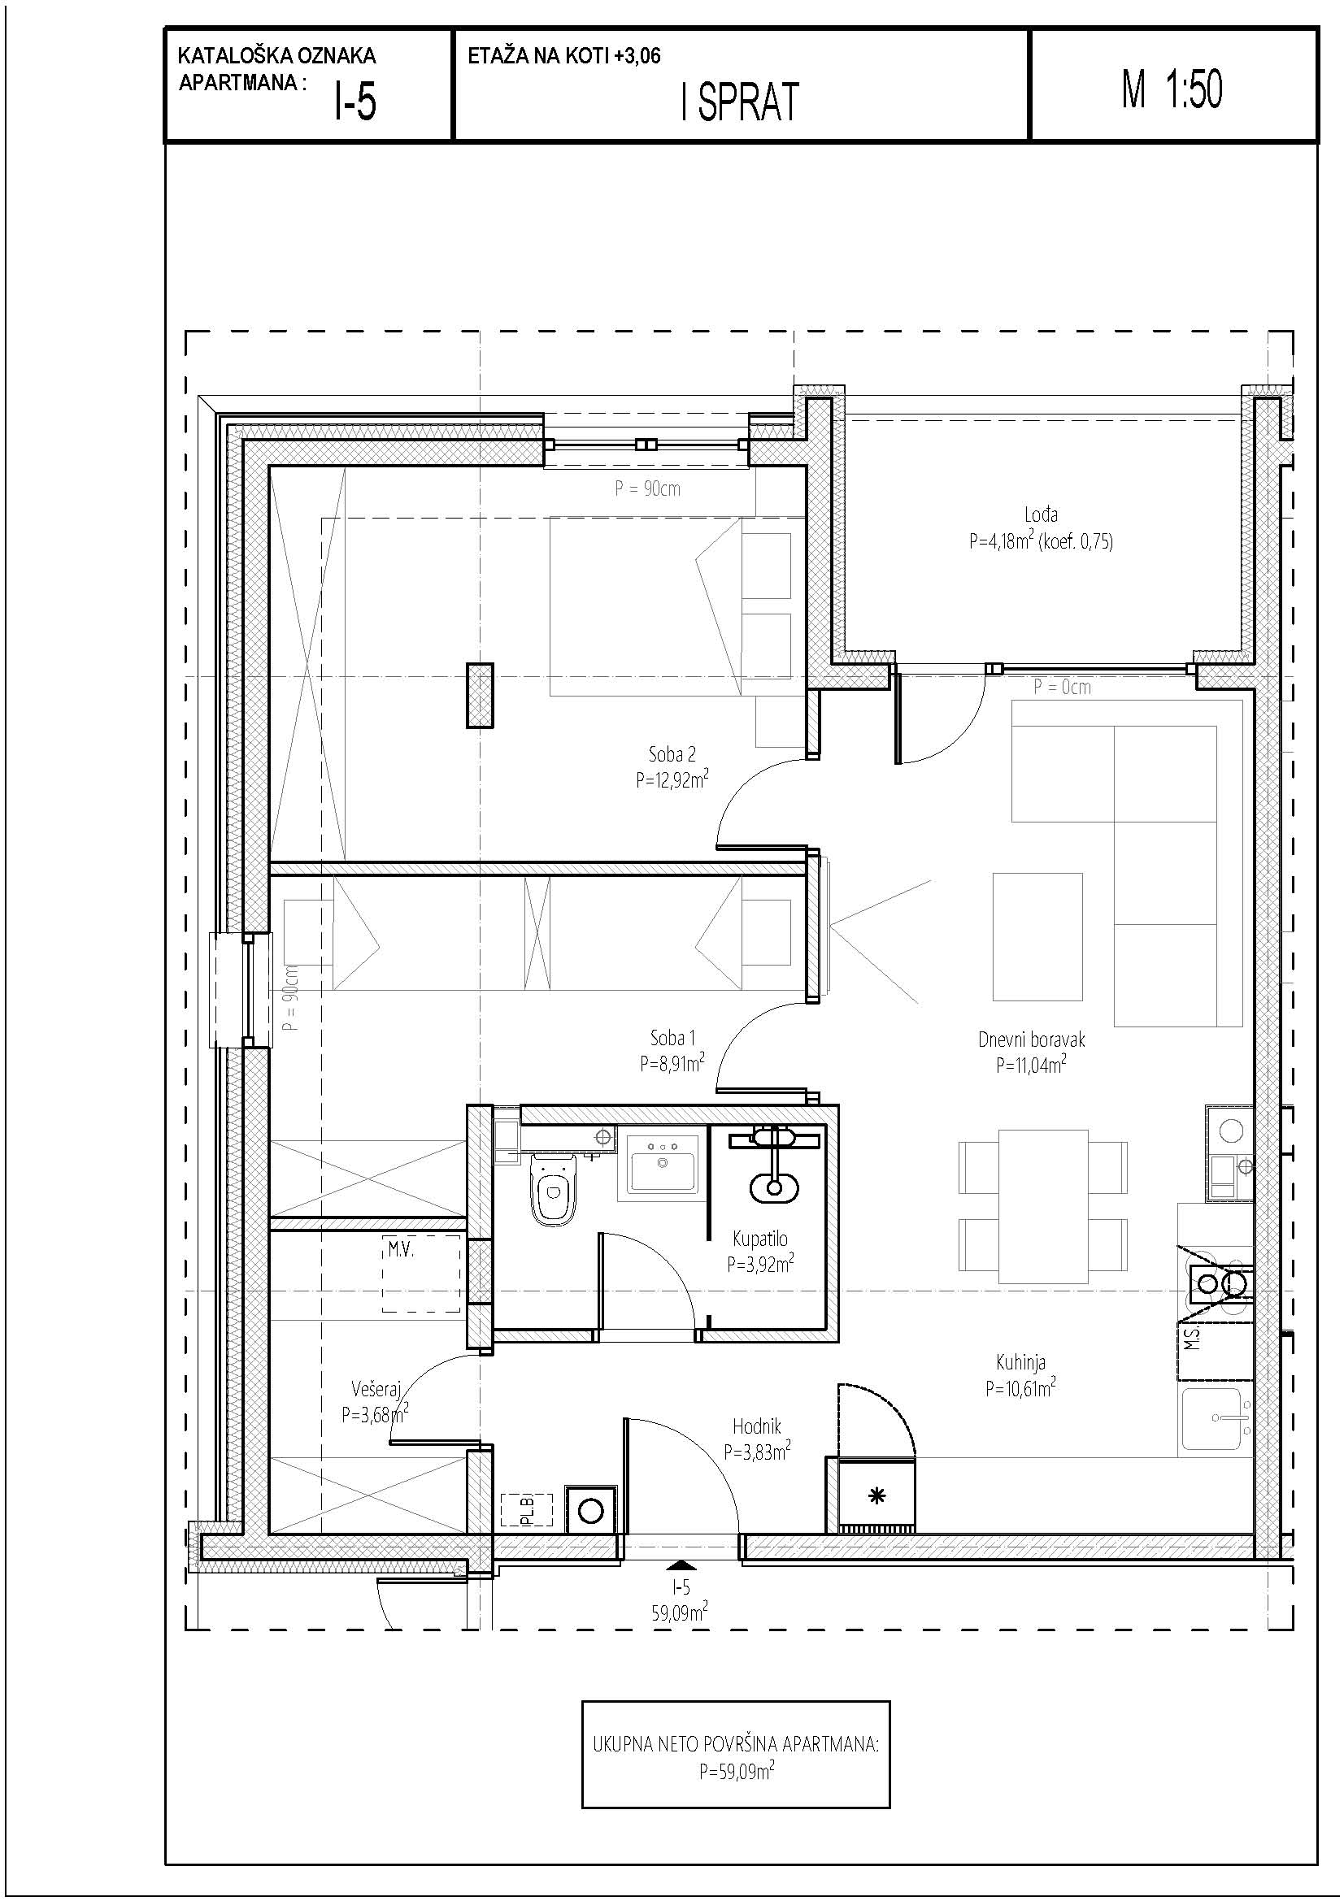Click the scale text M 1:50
[1172, 89]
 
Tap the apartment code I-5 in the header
[355, 103]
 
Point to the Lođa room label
[1040, 515]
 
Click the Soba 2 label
[672, 754]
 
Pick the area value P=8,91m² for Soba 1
[672, 1062]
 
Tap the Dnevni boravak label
[1031, 1040]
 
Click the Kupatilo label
[760, 1239]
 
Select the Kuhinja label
[1020, 1362]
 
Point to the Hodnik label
[756, 1426]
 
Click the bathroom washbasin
[662, 1161]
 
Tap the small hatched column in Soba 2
[480, 696]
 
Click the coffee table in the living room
[1037, 937]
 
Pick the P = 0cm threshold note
[1063, 687]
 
